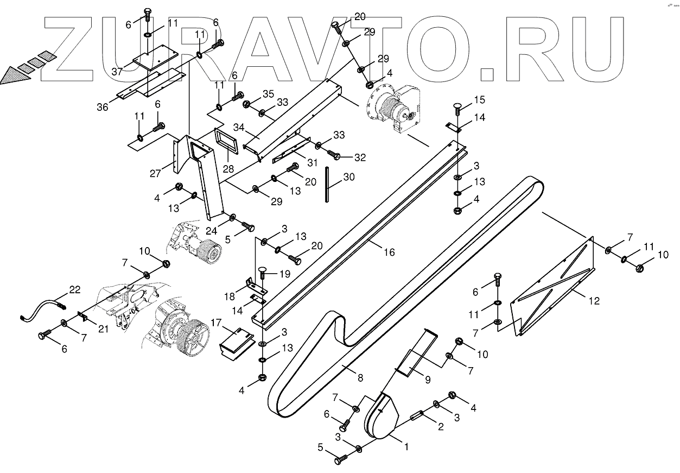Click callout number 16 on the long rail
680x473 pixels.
pyautogui.click(x=389, y=252)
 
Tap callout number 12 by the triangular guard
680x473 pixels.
pyautogui.click(x=594, y=300)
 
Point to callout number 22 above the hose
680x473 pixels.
pyautogui.click(x=75, y=290)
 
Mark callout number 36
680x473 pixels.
pyautogui.click(x=103, y=106)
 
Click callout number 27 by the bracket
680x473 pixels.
pyautogui.click(x=155, y=173)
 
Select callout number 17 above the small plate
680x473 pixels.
pyautogui.click(x=217, y=323)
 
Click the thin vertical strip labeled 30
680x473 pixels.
pyautogui.click(x=327, y=185)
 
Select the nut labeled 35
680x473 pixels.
pyautogui.click(x=247, y=104)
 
